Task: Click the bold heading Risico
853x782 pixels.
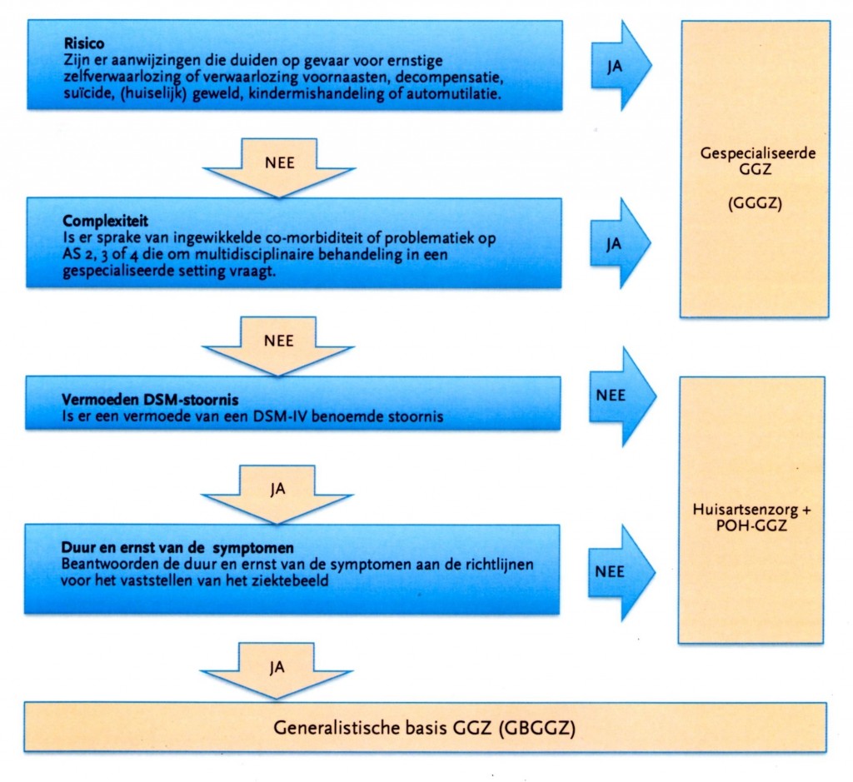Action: coord(81,43)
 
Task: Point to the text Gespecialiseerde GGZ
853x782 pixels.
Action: coord(756,162)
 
